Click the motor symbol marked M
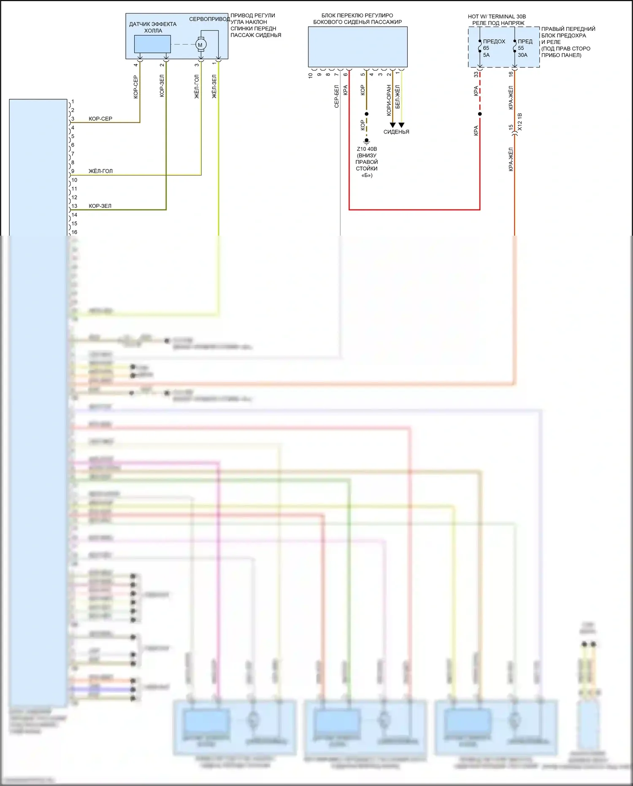tap(200, 45)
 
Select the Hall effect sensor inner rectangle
tap(152, 44)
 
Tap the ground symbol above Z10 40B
tap(367, 141)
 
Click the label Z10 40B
tap(367, 149)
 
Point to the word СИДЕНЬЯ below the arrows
tap(396, 132)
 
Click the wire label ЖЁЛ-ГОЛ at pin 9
tap(100, 171)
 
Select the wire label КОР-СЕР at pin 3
tap(100, 119)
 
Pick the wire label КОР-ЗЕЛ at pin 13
tap(100, 206)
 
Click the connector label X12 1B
tap(520, 122)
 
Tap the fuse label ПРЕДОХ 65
tap(494, 41)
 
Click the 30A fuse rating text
tap(522, 55)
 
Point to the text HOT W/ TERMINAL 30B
tap(497, 16)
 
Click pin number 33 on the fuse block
tap(476, 74)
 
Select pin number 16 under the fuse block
tap(511, 74)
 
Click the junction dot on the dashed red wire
tap(480, 114)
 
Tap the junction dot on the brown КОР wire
tap(367, 114)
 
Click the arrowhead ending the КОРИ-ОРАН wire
tap(392, 125)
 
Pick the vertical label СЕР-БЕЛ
tap(337, 96)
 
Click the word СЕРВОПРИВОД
tap(209, 19)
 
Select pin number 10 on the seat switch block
tap(311, 76)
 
